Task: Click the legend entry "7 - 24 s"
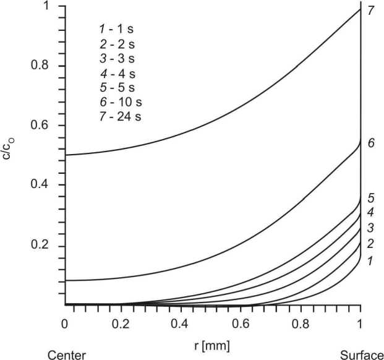(120, 117)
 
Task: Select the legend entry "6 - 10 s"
(120, 102)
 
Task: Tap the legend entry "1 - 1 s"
(117, 28)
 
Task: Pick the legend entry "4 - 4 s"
(117, 72)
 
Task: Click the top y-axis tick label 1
(47, 7)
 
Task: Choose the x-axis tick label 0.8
(301, 324)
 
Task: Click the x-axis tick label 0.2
(124, 324)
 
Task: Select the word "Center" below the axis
(67, 354)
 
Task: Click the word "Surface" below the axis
(361, 354)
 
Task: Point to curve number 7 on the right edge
(370, 9)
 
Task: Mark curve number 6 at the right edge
(370, 143)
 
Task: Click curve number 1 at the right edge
(370, 261)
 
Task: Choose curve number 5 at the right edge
(370, 199)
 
